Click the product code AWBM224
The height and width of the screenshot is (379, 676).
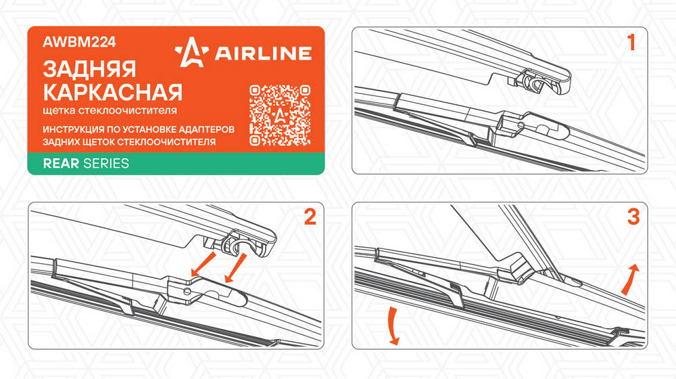79,42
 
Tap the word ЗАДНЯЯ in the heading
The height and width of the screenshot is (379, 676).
89,69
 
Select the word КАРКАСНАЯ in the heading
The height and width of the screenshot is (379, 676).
112,92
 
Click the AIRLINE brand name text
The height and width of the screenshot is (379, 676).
263,53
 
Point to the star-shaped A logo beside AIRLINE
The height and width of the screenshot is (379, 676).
191,52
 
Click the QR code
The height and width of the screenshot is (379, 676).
280,115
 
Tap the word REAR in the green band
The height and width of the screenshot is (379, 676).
61,163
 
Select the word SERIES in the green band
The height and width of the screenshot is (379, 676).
106,163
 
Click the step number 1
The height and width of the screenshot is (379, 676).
631,43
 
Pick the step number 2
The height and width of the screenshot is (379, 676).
310,217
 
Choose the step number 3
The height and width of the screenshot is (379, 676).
633,217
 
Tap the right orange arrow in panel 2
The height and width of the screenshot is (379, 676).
235,267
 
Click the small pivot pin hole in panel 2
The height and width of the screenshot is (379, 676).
187,292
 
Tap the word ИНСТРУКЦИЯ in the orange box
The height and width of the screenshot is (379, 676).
73,129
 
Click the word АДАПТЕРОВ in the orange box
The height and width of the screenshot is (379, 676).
206,129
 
